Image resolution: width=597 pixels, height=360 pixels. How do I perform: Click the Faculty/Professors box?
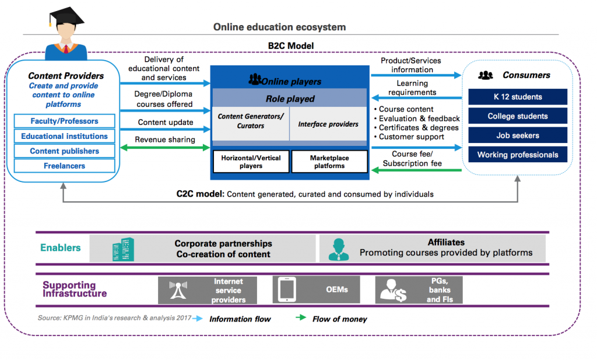[x=64, y=121]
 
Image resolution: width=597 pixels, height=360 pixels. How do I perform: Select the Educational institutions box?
[x=64, y=136]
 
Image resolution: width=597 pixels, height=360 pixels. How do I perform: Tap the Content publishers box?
[x=64, y=151]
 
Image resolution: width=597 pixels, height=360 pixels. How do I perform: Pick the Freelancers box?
[x=64, y=166]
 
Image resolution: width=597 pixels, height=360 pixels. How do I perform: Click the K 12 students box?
[x=518, y=97]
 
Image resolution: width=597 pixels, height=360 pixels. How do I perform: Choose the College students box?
[x=518, y=116]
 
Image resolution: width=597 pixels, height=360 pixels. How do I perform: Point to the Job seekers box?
[x=518, y=135]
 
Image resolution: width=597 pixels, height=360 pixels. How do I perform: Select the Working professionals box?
[x=518, y=155]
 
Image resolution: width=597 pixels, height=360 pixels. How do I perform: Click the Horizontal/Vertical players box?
[x=251, y=162]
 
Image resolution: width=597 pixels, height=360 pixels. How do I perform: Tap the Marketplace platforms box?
[x=329, y=162]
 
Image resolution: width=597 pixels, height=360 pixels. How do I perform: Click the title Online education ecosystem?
[x=279, y=27]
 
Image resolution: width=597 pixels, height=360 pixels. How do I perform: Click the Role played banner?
[x=290, y=99]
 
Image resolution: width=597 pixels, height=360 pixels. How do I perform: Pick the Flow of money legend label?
[x=339, y=319]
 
